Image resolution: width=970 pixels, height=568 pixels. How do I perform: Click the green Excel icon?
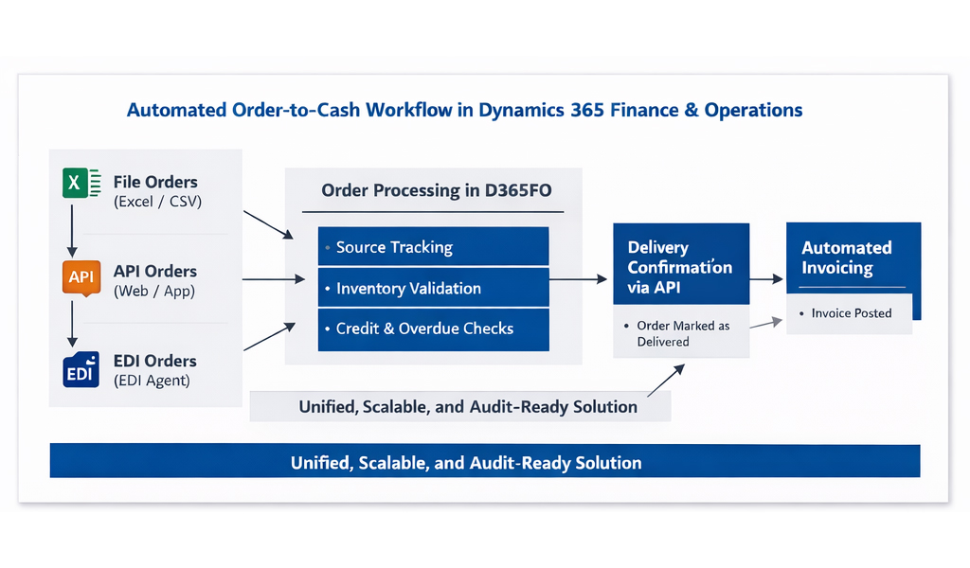pos(81,182)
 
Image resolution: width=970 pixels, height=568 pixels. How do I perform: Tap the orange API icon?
pos(81,277)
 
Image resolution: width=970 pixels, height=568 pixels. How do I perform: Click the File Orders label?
pos(155,182)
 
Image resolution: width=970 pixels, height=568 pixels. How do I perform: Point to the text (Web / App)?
pos(154,292)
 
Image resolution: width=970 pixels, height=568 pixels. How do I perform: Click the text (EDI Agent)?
pos(152,381)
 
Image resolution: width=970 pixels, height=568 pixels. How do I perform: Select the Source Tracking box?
pos(433,247)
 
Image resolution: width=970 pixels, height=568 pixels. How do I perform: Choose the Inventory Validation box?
pos(433,288)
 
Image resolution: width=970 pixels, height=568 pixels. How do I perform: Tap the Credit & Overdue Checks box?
pos(433,328)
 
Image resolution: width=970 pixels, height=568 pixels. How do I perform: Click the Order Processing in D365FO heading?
pos(436,190)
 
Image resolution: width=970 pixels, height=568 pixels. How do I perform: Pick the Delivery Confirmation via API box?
pos(680,266)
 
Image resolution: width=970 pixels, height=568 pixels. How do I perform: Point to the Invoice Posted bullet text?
pos(851,313)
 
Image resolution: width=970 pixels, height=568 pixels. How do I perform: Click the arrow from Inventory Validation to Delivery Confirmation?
pos(578,279)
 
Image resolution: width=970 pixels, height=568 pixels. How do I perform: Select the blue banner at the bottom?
pos(484,463)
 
